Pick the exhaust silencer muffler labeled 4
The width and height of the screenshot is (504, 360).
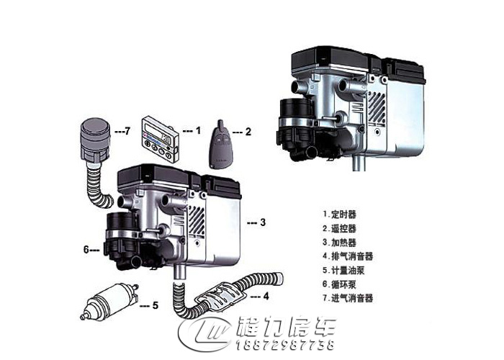(x=224, y=296)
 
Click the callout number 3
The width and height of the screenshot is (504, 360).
(x=263, y=222)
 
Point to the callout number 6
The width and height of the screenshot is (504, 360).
(x=86, y=250)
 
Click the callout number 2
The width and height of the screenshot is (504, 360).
(x=248, y=132)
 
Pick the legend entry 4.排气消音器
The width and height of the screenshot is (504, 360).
(x=351, y=256)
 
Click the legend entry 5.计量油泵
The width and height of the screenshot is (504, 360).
(x=348, y=269)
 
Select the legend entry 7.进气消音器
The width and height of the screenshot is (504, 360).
(x=351, y=297)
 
